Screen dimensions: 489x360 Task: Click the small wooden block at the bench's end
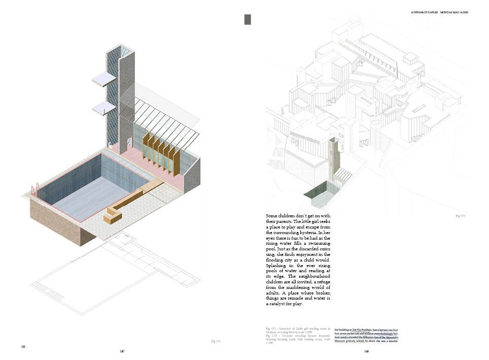[110, 217]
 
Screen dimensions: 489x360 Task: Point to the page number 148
[366, 351]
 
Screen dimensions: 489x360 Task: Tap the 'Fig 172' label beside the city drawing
[460, 216]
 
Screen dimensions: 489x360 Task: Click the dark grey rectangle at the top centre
[248, 20]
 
